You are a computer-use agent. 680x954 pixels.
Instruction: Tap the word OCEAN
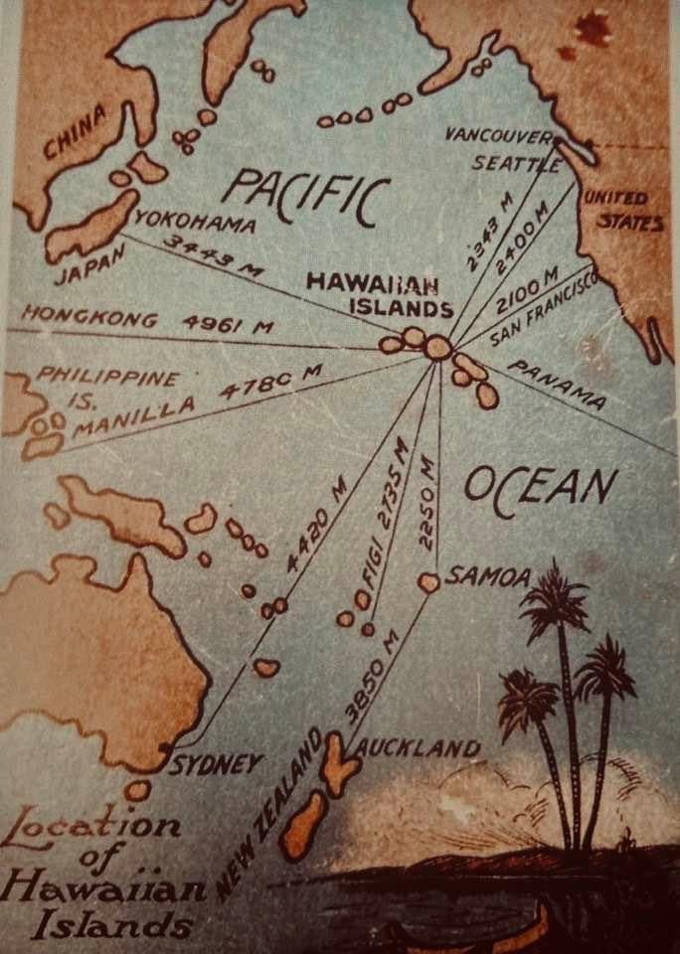pyautogui.click(x=540, y=488)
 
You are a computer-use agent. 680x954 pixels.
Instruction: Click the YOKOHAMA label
pyautogui.click(x=194, y=222)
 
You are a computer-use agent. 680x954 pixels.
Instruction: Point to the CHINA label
pyautogui.click(x=75, y=134)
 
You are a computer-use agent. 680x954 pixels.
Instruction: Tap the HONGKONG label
pyautogui.click(x=89, y=318)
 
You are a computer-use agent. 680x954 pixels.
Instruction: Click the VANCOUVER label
pyautogui.click(x=497, y=135)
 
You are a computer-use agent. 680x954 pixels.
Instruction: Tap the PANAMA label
pyautogui.click(x=557, y=385)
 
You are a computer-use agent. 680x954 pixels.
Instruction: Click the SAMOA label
pyautogui.click(x=488, y=574)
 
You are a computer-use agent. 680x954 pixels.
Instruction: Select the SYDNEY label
pyautogui.click(x=217, y=763)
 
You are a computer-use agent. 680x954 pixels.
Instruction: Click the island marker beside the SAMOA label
pyautogui.click(x=428, y=582)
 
